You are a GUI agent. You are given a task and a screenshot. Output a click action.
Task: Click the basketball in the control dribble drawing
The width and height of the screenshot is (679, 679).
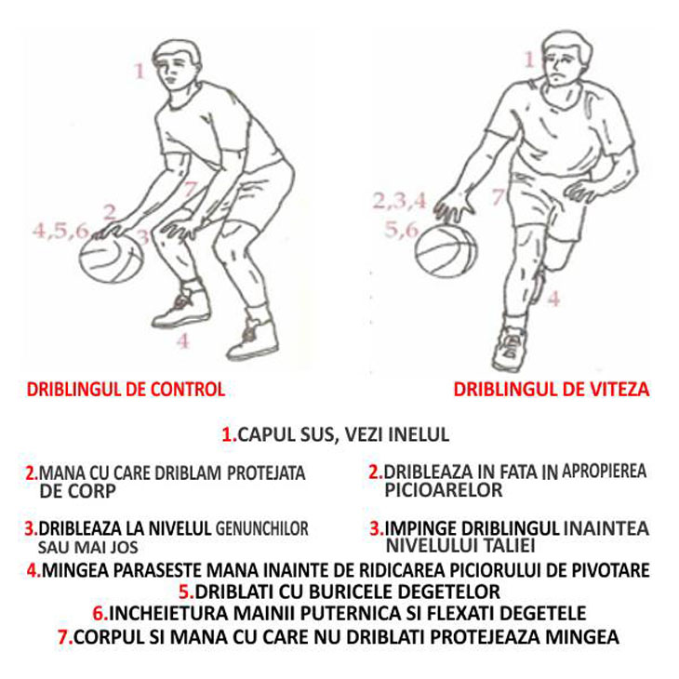[112, 258]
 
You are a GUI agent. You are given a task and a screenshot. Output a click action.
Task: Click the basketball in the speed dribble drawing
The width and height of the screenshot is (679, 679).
[446, 250]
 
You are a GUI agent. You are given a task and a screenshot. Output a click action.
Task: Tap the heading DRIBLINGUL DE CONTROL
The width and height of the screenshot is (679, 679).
[126, 390]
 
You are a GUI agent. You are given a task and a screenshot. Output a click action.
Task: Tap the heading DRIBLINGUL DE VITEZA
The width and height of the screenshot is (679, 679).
[552, 390]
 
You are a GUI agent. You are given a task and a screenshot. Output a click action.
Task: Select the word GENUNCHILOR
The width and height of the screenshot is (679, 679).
[262, 528]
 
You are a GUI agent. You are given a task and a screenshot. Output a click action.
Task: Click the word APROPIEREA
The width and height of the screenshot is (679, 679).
[604, 471]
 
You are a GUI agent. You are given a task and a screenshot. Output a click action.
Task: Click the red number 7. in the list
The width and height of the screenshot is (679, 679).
[65, 637]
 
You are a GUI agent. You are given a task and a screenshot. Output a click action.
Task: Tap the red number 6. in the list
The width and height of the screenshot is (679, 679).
[100, 613]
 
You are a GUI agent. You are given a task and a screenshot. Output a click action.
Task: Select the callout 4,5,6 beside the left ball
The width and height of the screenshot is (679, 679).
[60, 232]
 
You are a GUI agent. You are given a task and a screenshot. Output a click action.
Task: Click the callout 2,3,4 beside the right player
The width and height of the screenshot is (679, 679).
[400, 201]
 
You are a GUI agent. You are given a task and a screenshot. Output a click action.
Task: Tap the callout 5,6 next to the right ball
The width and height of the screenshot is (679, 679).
[401, 230]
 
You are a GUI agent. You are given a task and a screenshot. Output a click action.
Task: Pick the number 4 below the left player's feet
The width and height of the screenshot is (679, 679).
[183, 340]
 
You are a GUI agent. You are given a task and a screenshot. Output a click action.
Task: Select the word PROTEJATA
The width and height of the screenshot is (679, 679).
[266, 473]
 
